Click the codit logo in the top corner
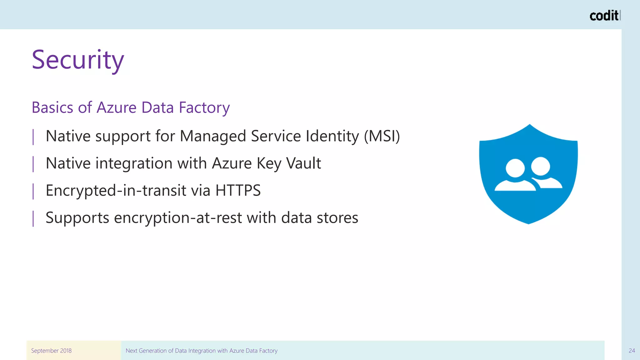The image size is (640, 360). click(604, 16)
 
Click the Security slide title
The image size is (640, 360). click(78, 60)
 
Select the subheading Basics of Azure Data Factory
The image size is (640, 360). click(131, 107)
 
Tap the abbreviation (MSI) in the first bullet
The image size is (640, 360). click(382, 136)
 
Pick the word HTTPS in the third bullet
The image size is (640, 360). click(238, 190)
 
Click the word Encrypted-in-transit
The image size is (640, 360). click(116, 190)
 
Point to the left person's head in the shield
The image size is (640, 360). click(515, 168)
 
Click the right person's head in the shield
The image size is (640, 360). click(540, 166)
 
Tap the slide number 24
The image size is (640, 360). click(632, 351)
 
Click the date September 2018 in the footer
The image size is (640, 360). click(51, 351)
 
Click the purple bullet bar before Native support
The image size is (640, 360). click(33, 137)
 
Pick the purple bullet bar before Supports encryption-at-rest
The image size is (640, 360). click(33, 218)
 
